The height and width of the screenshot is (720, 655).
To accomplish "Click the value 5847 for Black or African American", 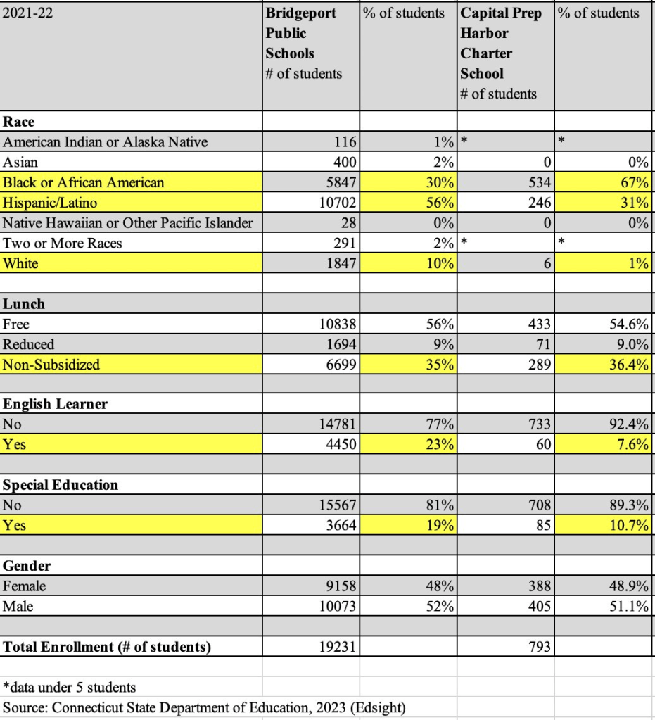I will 344,183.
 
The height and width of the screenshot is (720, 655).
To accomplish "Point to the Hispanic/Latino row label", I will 50,203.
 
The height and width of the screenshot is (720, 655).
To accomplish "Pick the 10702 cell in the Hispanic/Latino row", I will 338,203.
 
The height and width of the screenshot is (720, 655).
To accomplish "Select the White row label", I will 20,264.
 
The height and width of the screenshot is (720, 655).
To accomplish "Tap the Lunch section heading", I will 24,304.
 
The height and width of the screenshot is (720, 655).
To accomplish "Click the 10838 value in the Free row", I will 338,324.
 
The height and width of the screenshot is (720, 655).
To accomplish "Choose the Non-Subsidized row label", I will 51,365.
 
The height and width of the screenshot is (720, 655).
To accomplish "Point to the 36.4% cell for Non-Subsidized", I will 630,365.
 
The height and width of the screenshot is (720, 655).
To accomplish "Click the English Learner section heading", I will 56,404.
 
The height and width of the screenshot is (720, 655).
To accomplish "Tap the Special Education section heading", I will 61,485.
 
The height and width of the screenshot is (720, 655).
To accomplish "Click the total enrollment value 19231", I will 338,646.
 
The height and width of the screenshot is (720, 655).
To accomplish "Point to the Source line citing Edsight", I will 204,707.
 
